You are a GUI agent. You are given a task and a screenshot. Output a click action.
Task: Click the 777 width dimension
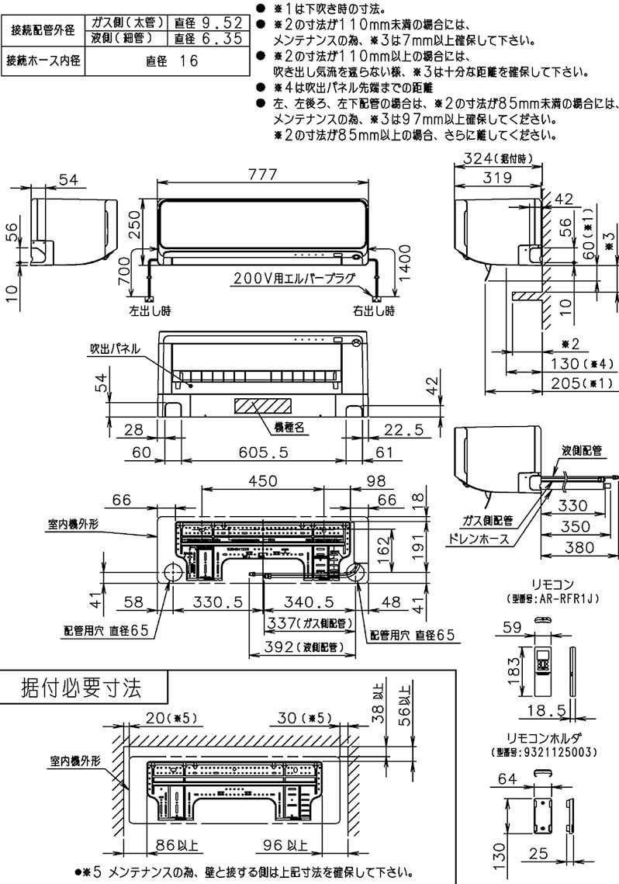pyautogui.click(x=263, y=175)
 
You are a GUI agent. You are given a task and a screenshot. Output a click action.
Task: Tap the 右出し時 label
pyautogui.click(x=373, y=310)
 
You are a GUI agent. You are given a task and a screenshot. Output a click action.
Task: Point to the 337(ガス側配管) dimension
pyautogui.click(x=305, y=622)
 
